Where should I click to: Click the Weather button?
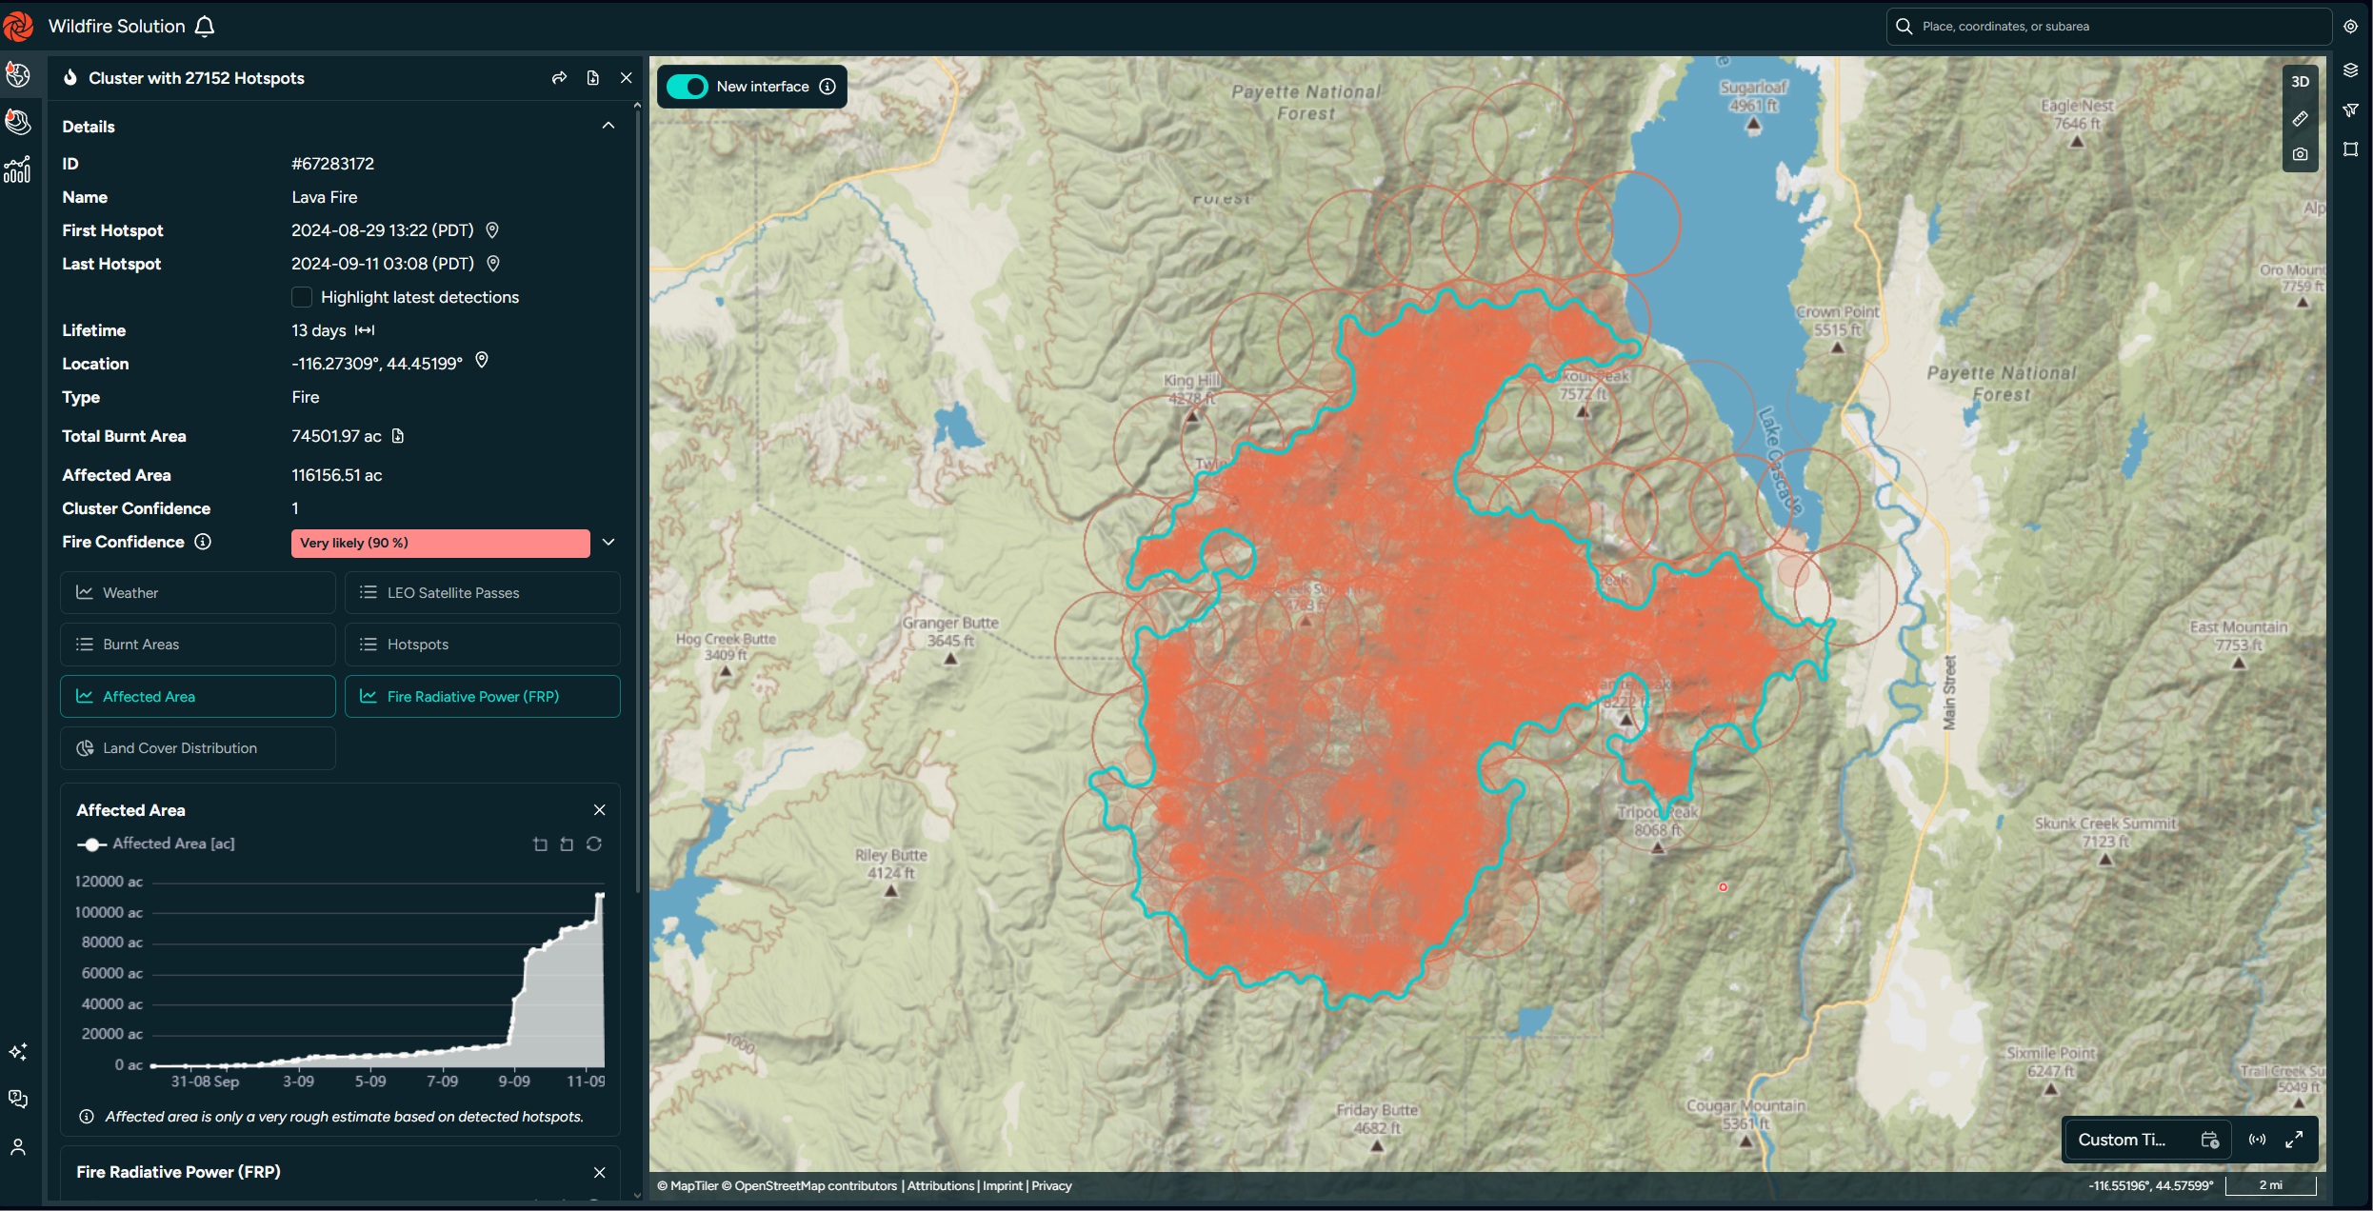[197, 592]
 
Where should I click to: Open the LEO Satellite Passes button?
[482, 592]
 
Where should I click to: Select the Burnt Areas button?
[197, 645]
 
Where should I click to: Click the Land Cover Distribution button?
[197, 748]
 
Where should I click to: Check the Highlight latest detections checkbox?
[302, 297]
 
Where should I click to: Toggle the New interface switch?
[687, 87]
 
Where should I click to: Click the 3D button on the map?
[2300, 82]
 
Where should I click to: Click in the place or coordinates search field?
[2109, 27]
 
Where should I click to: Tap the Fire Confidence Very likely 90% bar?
[440, 543]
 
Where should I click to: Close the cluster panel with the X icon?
[626, 78]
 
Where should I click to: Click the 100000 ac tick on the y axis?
[109, 912]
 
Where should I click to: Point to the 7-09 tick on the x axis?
[442, 1082]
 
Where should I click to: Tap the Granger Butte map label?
[950, 630]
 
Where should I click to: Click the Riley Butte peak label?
[891, 864]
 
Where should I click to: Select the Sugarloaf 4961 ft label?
[1753, 95]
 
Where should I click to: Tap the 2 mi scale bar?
[2270, 1185]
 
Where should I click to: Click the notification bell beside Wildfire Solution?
[205, 27]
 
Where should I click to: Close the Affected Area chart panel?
[599, 810]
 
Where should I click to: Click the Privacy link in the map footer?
[1051, 1186]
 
